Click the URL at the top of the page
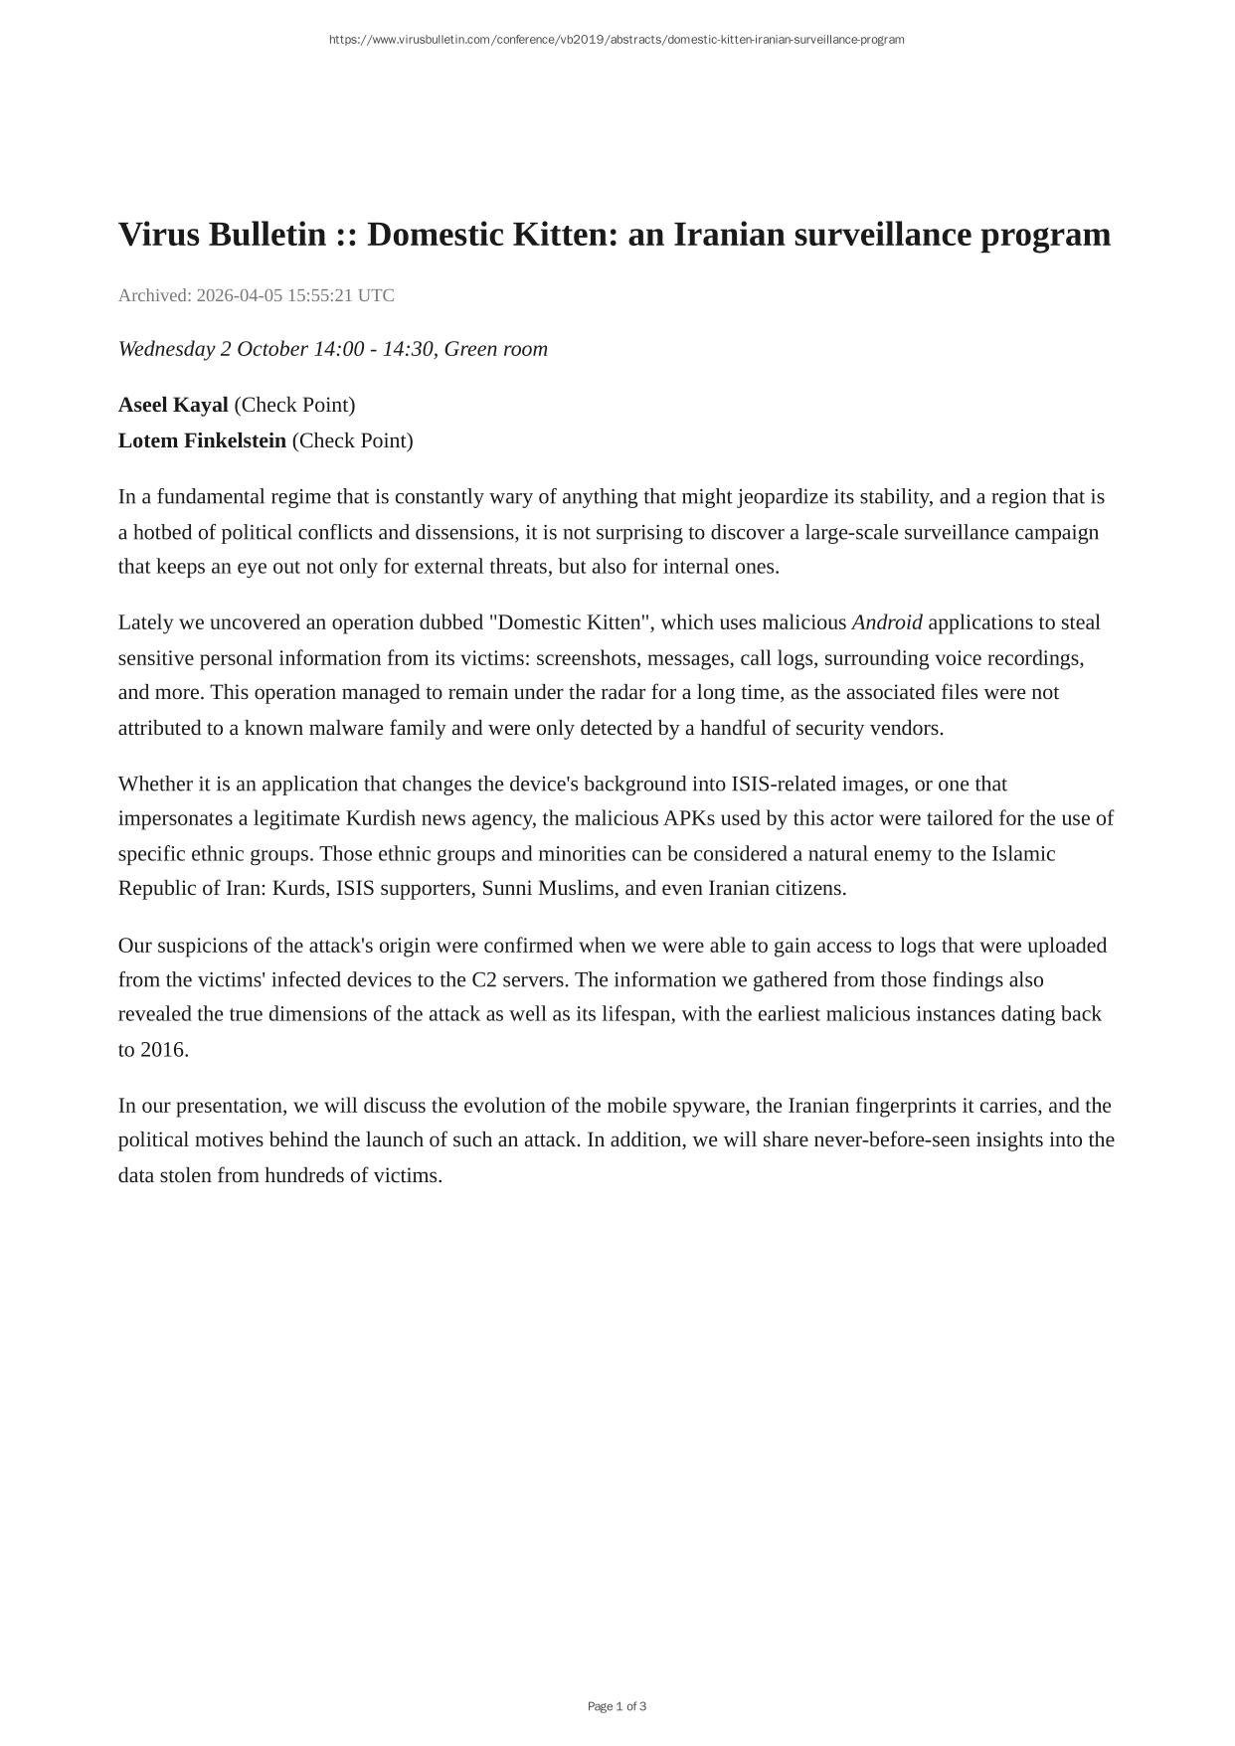click(617, 40)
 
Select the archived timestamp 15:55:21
click(319, 295)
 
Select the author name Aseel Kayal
click(173, 405)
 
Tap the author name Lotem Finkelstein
click(202, 440)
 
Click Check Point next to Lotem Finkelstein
click(353, 440)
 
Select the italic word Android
click(887, 622)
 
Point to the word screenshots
click(587, 658)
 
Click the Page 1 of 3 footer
click(617, 1706)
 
